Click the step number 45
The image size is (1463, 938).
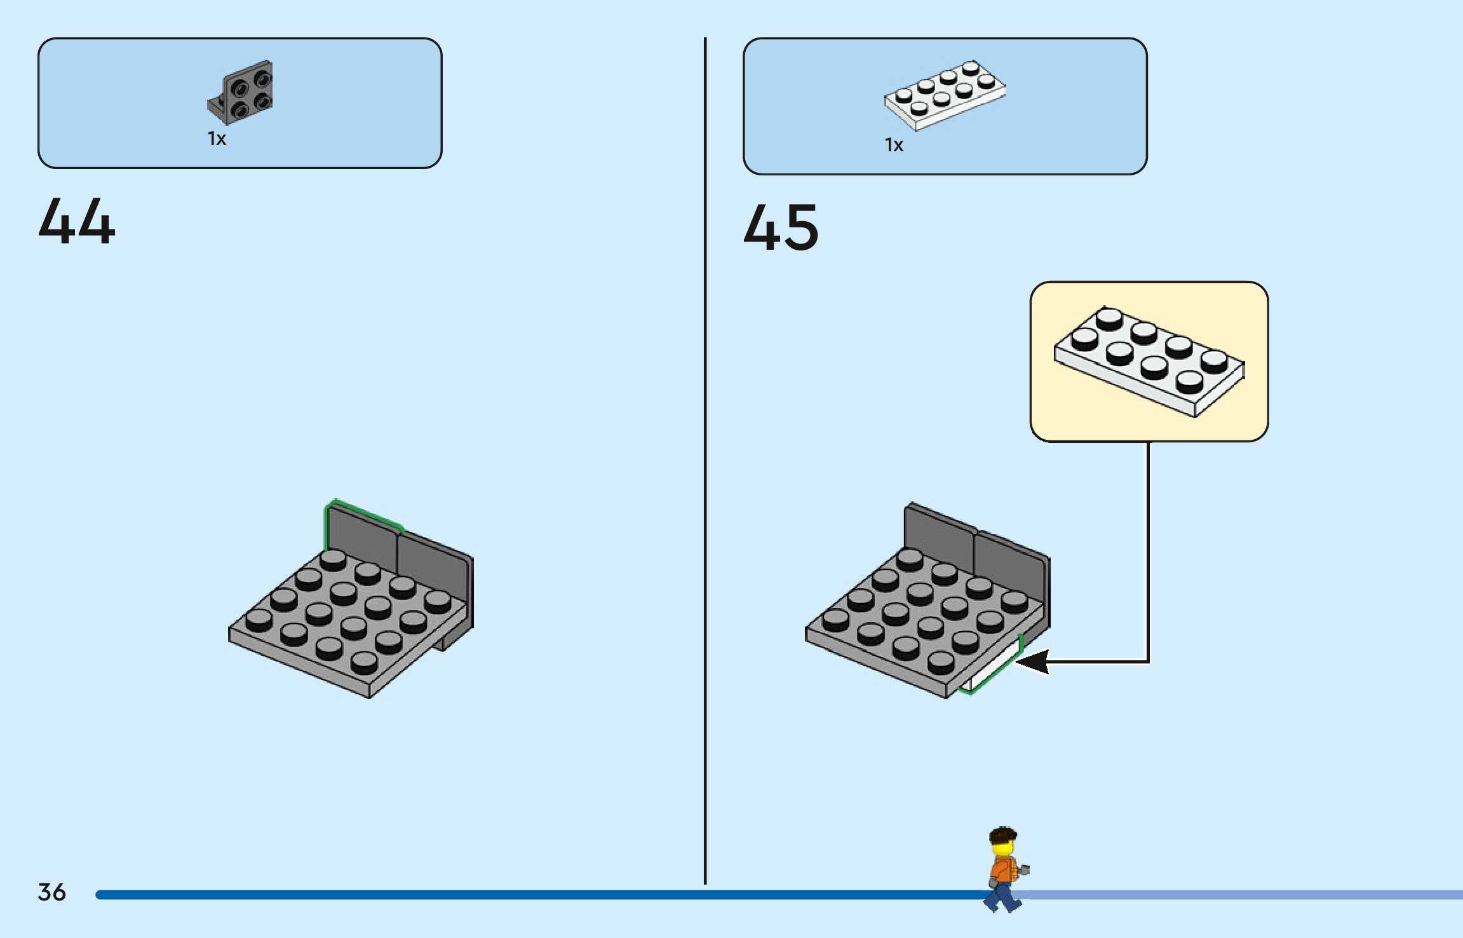pos(781,227)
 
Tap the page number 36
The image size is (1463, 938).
pos(51,892)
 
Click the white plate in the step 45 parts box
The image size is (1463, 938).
pos(945,95)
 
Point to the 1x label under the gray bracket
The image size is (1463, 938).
pos(217,139)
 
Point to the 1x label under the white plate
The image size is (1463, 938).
pos(894,146)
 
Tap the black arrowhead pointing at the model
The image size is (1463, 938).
pos(1032,662)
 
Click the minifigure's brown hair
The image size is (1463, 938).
pos(1003,835)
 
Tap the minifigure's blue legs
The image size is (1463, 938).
pos(1002,896)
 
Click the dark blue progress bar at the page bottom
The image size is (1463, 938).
pos(508,895)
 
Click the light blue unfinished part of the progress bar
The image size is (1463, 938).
pos(1239,895)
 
